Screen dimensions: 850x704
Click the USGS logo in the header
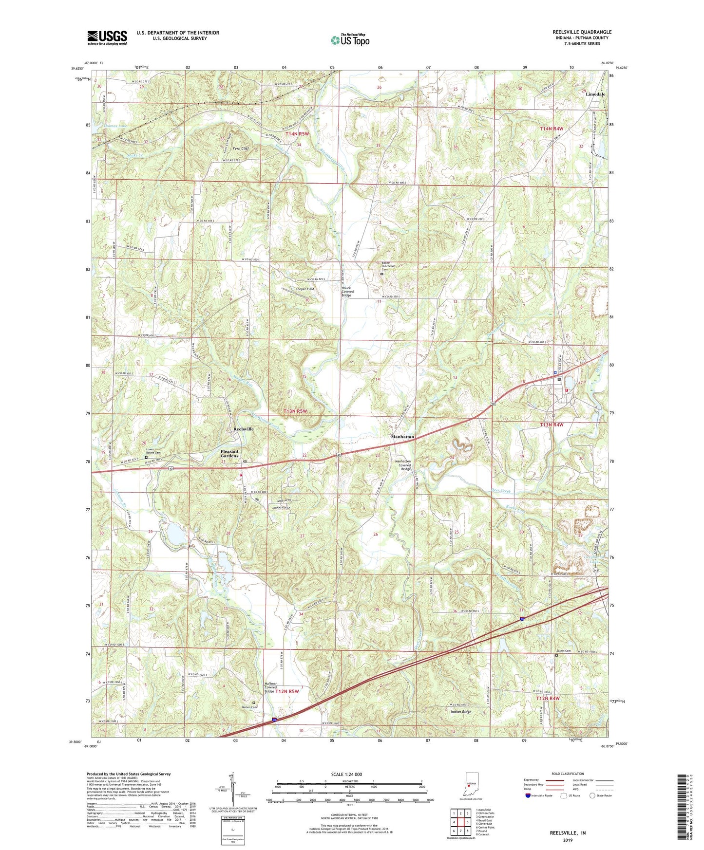point(107,37)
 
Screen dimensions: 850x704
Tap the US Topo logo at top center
point(350,39)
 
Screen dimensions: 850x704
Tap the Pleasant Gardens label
point(229,453)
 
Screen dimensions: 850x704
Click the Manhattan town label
point(403,437)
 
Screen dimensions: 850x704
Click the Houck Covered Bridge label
point(346,291)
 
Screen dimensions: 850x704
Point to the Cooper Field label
point(305,289)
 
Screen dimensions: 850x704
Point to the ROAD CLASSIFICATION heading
point(568,774)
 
